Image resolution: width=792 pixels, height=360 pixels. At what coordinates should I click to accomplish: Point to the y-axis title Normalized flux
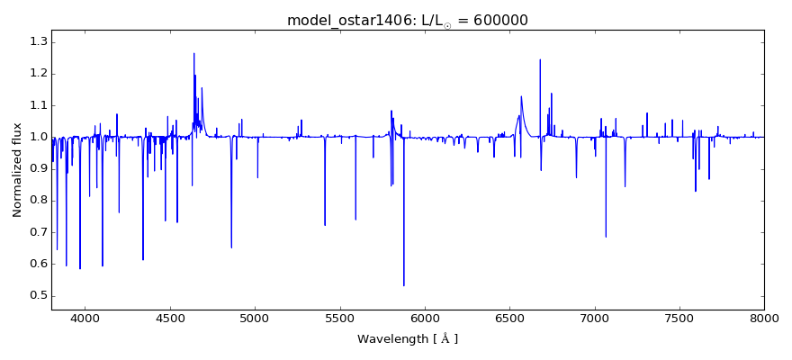click(17, 171)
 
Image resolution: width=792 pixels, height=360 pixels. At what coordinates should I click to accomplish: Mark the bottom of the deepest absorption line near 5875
click(403, 285)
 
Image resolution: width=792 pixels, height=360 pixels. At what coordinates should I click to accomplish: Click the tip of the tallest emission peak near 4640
click(193, 53)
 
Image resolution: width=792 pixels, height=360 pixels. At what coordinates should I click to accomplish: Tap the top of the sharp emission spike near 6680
click(540, 60)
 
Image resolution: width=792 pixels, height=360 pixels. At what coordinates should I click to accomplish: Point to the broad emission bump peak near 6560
click(521, 96)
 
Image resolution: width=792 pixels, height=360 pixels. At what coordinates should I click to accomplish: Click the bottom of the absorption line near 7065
click(606, 237)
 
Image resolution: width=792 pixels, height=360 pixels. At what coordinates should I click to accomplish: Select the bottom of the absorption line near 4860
click(231, 247)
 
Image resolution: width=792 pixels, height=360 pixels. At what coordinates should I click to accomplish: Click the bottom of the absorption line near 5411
click(325, 225)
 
